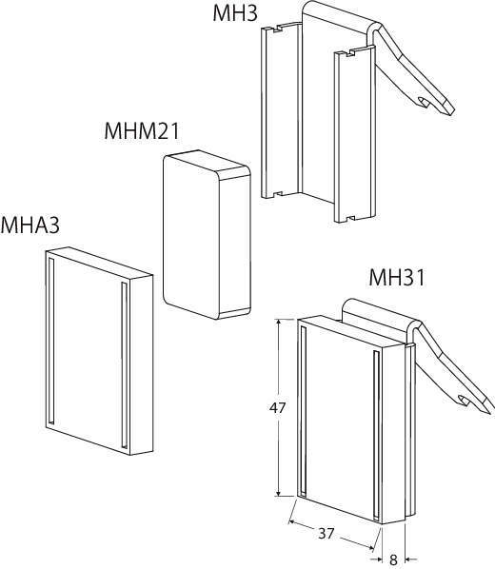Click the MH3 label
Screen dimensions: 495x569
tap(235, 12)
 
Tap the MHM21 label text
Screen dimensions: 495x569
tap(142, 130)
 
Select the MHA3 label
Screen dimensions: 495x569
tap(30, 225)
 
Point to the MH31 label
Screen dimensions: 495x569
tap(397, 278)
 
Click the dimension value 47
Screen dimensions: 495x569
tap(277, 408)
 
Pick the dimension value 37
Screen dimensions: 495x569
tap(326, 534)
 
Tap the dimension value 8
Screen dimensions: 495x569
tap(393, 559)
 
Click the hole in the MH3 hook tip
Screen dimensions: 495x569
tap(424, 102)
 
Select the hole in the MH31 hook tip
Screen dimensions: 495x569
tap(465, 400)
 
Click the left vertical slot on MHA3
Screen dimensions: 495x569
tap(51, 341)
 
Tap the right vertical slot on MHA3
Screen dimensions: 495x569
tap(125, 364)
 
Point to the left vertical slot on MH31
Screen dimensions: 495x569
tap(303, 411)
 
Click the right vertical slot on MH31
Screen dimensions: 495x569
tap(377, 434)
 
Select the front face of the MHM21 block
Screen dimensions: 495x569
tap(191, 237)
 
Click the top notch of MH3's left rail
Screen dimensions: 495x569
tap(279, 29)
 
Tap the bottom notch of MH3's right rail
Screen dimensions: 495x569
tap(350, 219)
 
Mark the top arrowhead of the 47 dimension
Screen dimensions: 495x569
tap(278, 323)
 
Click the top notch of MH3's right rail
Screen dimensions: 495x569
tap(350, 53)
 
